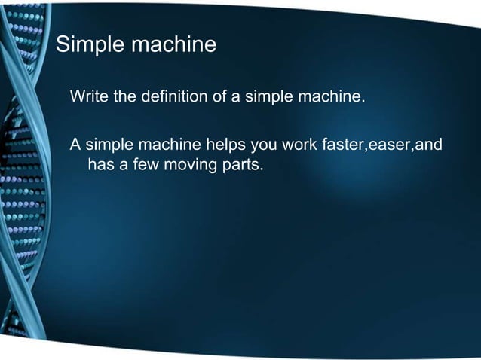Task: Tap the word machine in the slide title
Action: tap(173, 45)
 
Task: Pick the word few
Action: tap(142, 163)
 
